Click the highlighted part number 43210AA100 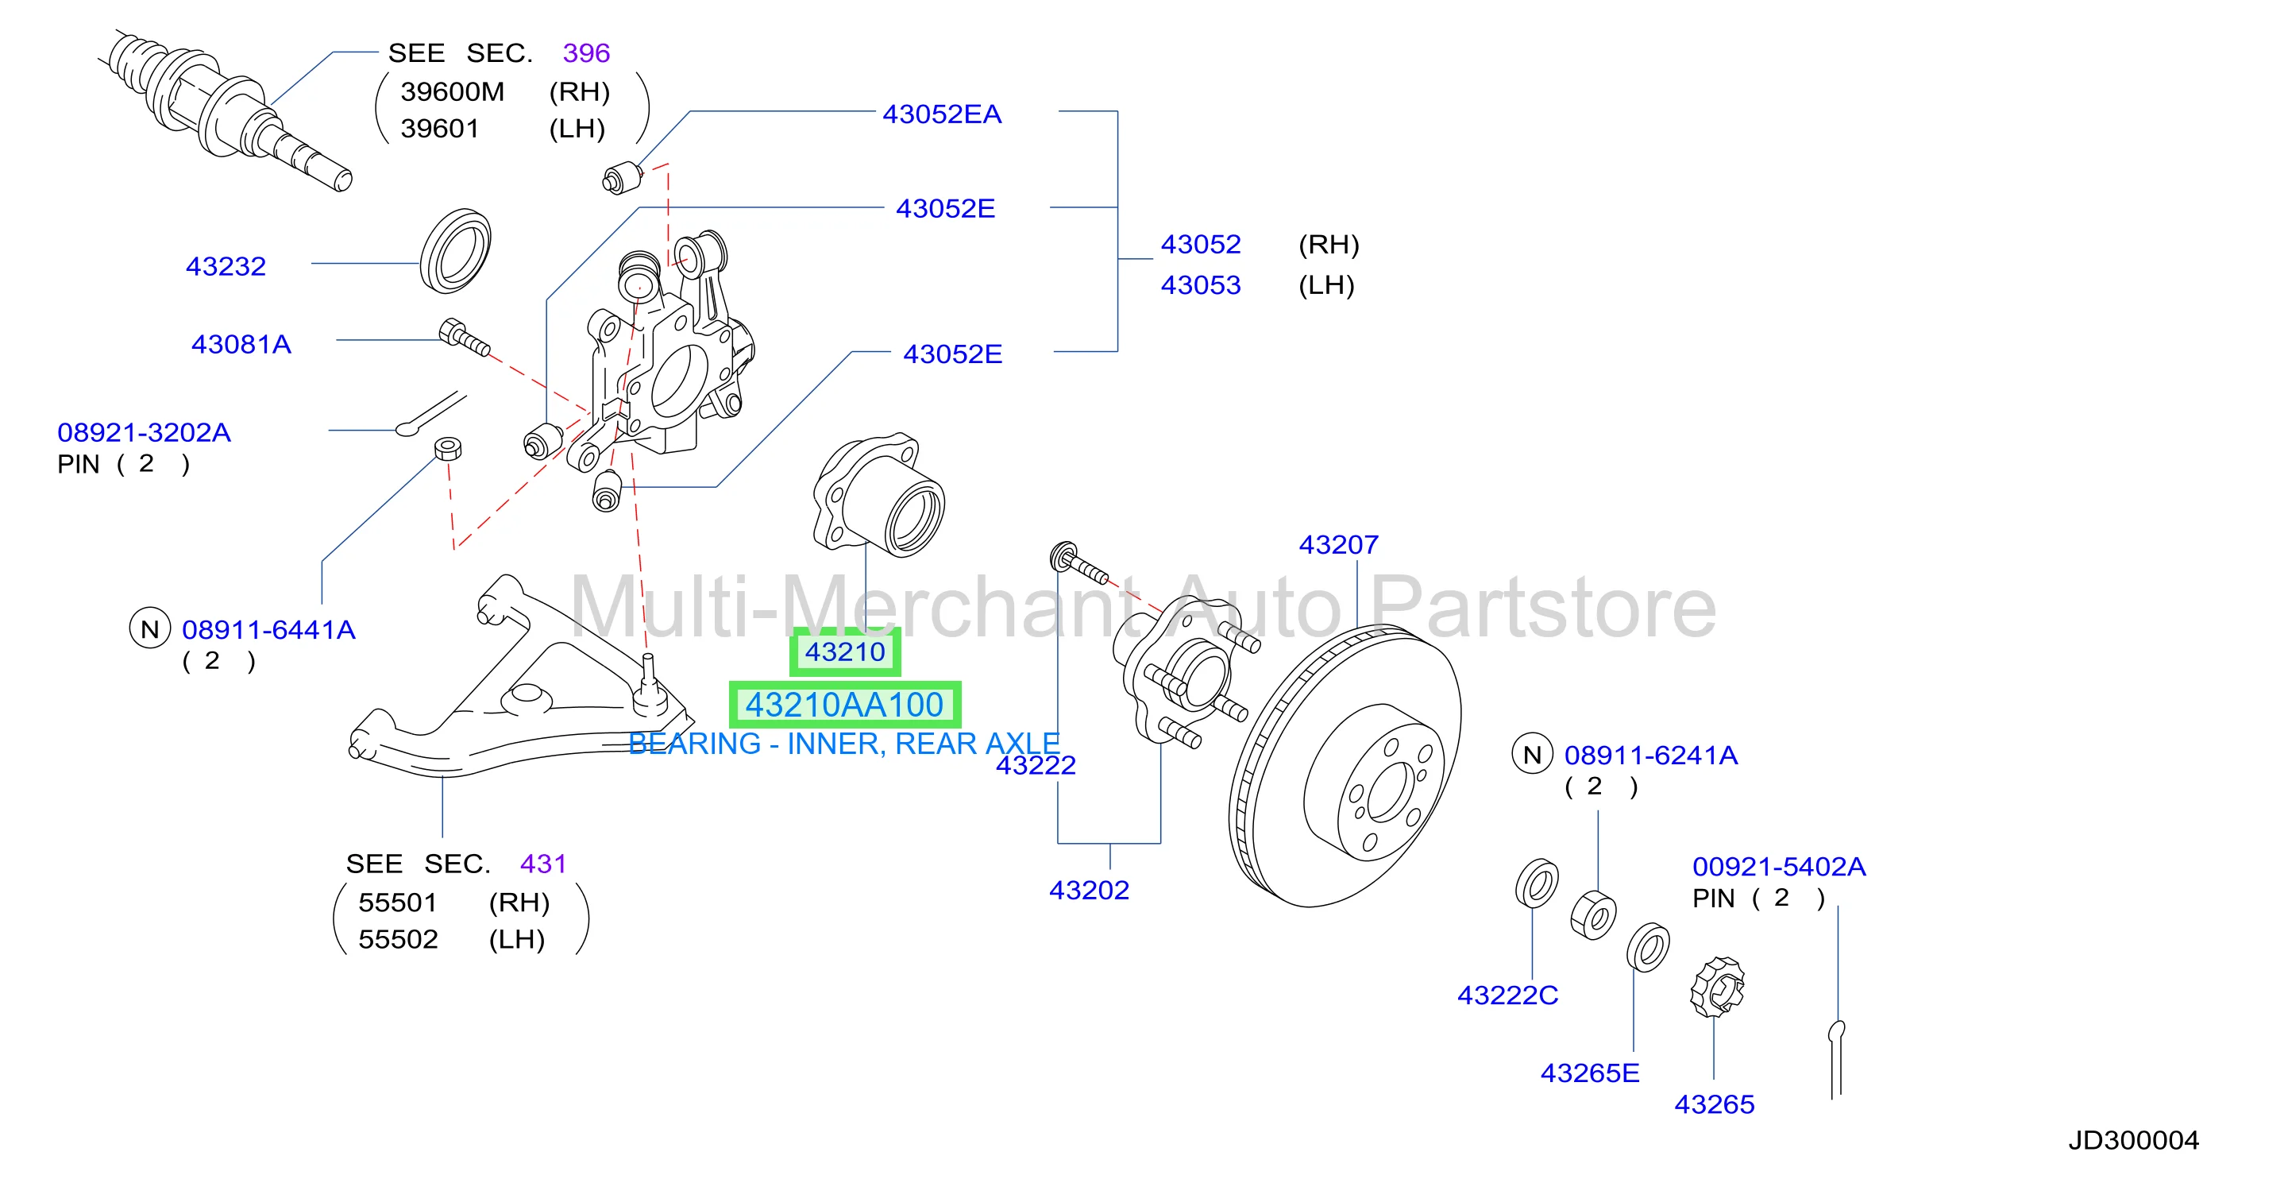click(843, 705)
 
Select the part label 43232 click(226, 265)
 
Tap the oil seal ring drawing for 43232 click(455, 251)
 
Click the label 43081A click(241, 344)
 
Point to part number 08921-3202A click(144, 433)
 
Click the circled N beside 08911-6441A click(150, 629)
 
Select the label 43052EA click(942, 114)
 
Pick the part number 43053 click(1201, 285)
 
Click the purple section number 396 click(586, 53)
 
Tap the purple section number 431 click(543, 864)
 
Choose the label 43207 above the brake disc click(1338, 545)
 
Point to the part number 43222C click(1507, 995)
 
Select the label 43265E click(1590, 1073)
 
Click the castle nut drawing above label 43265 click(1717, 987)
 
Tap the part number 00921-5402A click(1779, 866)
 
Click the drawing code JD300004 click(2133, 1140)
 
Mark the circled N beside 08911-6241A click(1532, 754)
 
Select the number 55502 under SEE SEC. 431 click(398, 939)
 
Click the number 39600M click(452, 91)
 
